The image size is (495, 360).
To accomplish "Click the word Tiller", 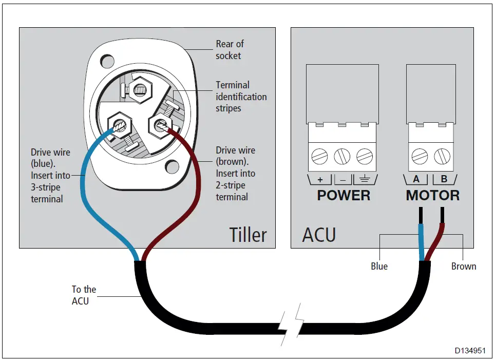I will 247,235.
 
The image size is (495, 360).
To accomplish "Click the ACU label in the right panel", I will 318,235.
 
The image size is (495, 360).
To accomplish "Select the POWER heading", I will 343,196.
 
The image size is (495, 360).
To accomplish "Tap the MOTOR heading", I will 432,196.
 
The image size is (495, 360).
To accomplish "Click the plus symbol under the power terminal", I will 320,180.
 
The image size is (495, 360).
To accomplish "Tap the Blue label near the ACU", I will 379,267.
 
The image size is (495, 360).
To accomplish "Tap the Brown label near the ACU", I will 463,267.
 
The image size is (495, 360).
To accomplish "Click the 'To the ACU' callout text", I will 83,295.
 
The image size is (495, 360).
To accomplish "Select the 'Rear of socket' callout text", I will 229,50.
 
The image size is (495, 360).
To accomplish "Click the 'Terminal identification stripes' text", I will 241,97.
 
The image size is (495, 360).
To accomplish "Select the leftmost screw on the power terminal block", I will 320,156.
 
